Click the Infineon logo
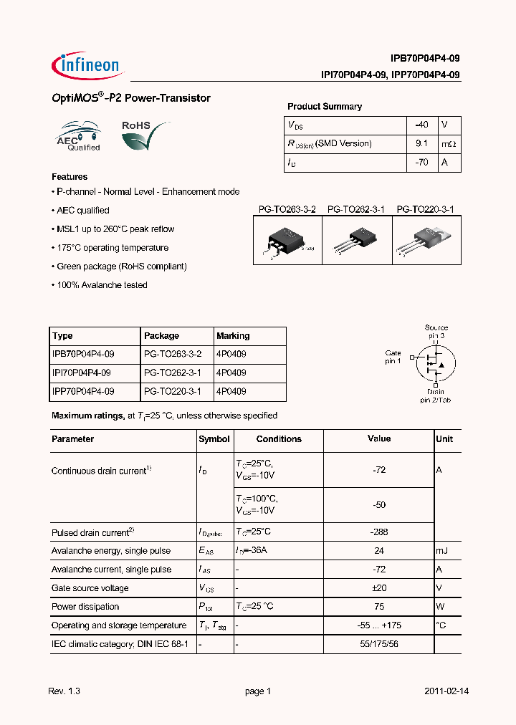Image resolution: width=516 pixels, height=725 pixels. point(87,66)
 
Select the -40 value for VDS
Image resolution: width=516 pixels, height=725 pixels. point(421,125)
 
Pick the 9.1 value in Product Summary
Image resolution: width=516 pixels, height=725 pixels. point(421,143)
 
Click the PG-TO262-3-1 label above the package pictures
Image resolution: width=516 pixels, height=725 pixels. point(356,209)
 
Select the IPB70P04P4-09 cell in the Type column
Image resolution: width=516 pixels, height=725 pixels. point(83,354)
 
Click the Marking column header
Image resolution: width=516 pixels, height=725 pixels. point(233,335)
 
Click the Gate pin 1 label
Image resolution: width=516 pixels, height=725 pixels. point(393,357)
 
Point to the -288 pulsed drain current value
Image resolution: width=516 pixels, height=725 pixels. point(379,532)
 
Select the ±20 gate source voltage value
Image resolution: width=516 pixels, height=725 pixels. point(379,588)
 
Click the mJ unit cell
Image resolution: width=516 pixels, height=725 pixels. point(444,551)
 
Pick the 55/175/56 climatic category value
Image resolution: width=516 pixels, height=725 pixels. point(379,644)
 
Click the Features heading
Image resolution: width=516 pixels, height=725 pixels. point(70,176)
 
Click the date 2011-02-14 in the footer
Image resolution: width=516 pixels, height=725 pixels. point(446,691)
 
